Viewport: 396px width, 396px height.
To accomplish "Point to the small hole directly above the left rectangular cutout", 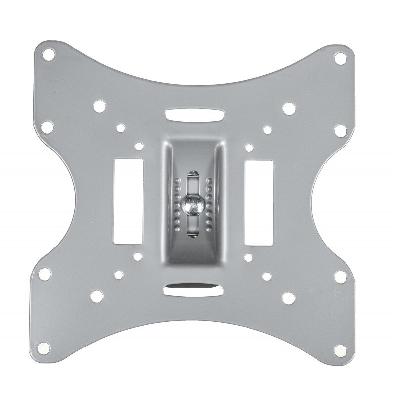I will (x=139, y=147).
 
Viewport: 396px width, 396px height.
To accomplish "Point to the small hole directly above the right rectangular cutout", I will (x=249, y=147).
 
